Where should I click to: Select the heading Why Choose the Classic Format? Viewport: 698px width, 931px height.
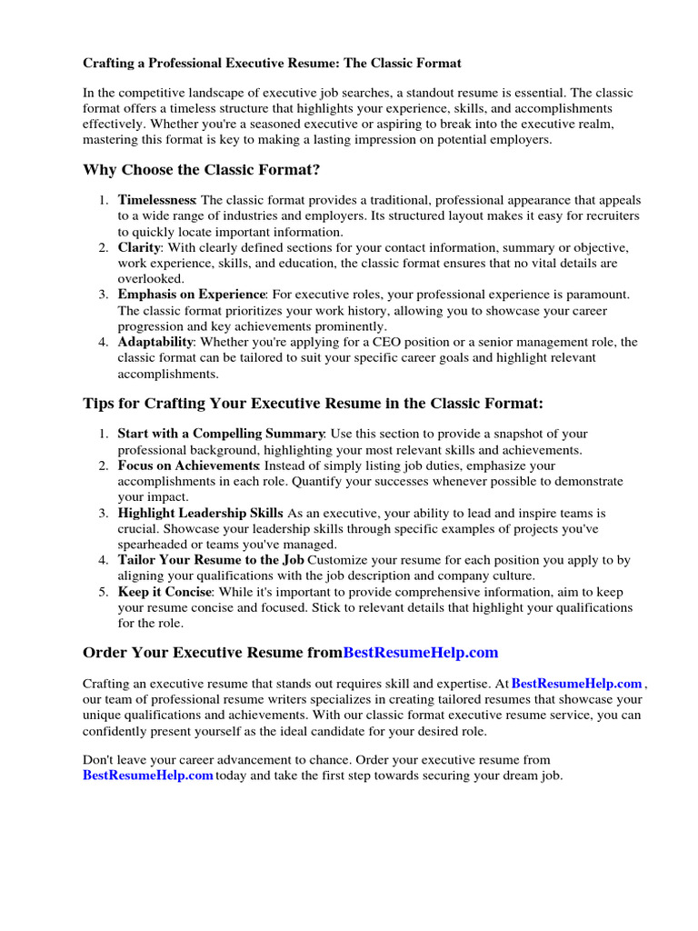pos(201,170)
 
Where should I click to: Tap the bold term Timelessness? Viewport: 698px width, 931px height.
pos(156,199)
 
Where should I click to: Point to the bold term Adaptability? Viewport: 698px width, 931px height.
pos(155,342)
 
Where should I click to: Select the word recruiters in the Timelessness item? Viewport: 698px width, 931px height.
pos(608,215)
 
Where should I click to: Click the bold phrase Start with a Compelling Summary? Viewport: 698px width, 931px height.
pos(221,434)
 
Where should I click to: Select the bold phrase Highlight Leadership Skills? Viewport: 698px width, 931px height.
pos(201,513)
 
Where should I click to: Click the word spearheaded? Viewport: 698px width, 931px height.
pos(155,545)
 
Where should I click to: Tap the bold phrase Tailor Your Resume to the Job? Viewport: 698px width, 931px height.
pos(211,560)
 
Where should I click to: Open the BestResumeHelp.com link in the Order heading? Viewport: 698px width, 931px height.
pos(421,653)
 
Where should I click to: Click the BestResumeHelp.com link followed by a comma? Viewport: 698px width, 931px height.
pos(577,684)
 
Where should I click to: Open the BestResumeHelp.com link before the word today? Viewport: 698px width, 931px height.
pos(148,776)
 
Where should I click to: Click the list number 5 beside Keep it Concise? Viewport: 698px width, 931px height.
pos(104,592)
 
